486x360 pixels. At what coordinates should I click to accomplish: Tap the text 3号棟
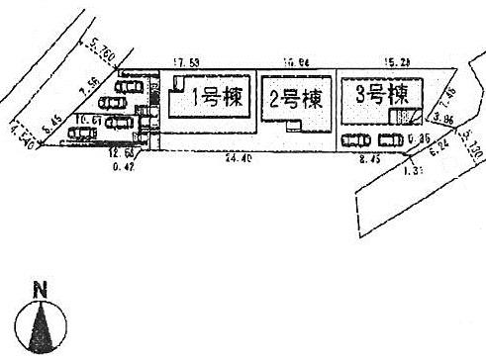[x=380, y=95]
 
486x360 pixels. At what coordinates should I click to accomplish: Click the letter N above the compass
[x=41, y=290]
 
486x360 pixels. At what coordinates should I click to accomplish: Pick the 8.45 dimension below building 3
[x=368, y=158]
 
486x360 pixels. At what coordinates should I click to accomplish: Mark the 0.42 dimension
[x=123, y=164]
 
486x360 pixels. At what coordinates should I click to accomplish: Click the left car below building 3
[x=353, y=140]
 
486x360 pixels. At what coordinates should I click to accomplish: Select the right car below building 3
[x=389, y=139]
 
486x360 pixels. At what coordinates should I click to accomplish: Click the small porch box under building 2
[x=292, y=126]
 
